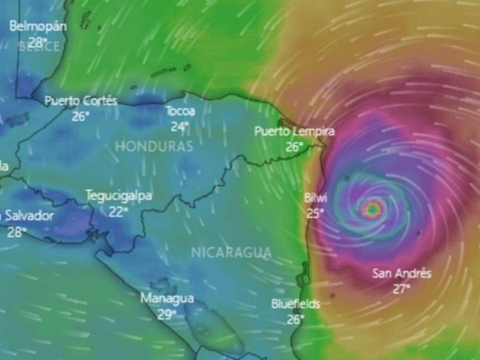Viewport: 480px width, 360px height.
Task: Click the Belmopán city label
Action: tap(38, 27)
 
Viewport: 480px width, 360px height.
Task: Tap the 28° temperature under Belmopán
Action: tap(38, 41)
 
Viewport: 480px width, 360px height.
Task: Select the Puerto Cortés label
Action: tap(81, 101)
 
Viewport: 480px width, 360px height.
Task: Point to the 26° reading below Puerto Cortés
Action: tap(80, 116)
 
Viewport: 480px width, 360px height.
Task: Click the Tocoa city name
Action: tap(181, 111)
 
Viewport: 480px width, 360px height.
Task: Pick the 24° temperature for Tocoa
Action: tap(180, 127)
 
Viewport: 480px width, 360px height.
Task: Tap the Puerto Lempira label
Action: tap(295, 131)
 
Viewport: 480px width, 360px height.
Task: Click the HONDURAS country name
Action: tap(154, 146)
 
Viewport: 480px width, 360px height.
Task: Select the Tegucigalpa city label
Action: tap(119, 196)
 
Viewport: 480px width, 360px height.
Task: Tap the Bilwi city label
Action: tap(316, 198)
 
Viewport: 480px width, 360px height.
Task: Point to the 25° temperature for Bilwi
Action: tap(315, 213)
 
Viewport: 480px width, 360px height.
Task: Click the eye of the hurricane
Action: tap(373, 208)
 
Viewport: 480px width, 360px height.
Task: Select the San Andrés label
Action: tap(402, 274)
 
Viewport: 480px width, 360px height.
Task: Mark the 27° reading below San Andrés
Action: tap(402, 289)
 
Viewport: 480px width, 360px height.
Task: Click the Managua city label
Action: tap(167, 298)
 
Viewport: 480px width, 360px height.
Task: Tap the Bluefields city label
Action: tap(296, 304)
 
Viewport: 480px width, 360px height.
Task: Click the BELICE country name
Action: tap(39, 47)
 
